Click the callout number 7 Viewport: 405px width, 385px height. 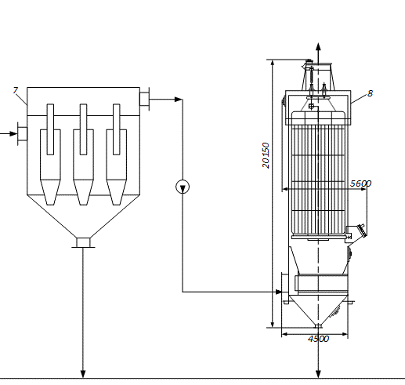pos(15,90)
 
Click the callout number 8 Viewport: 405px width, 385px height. pos(370,93)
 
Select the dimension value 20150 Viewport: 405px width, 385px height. pos(266,155)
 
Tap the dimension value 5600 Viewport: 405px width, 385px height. pos(360,183)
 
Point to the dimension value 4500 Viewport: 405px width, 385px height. pos(318,339)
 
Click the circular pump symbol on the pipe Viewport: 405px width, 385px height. pos(183,187)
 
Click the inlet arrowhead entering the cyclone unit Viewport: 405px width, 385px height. pos(13,134)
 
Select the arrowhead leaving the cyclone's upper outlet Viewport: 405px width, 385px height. pos(179,100)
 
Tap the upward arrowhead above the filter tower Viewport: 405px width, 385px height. pos(318,47)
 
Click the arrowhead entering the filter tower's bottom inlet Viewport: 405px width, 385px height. pos(279,292)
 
